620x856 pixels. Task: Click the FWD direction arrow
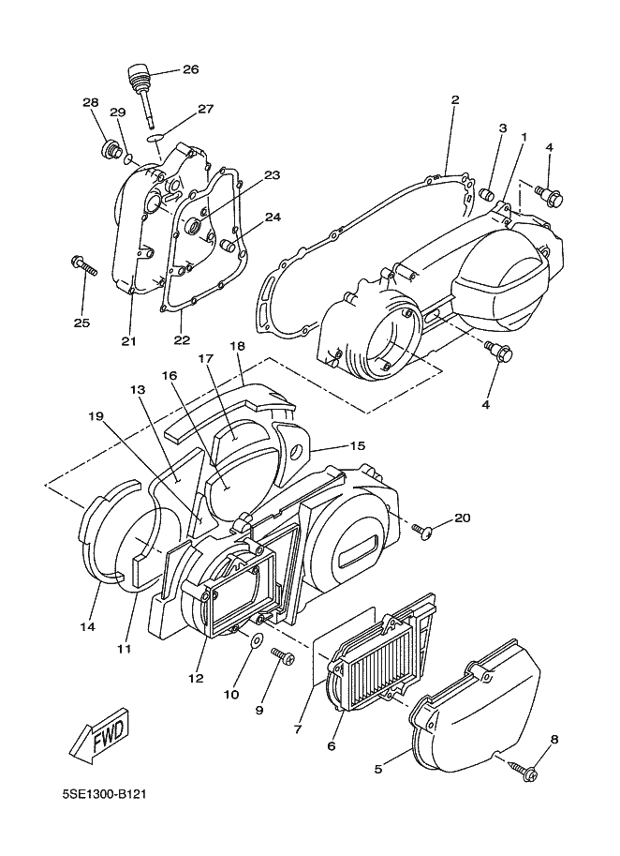tap(100, 737)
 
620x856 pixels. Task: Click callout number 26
tap(190, 69)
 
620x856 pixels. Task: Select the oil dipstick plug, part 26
tap(140, 92)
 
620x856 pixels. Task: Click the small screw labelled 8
tap(523, 770)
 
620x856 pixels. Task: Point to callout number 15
tap(357, 446)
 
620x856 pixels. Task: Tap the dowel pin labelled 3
tap(488, 194)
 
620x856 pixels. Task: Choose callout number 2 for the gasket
tap(455, 99)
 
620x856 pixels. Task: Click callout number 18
tap(237, 346)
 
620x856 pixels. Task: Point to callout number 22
tap(182, 339)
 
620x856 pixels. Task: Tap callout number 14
tap(87, 626)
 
